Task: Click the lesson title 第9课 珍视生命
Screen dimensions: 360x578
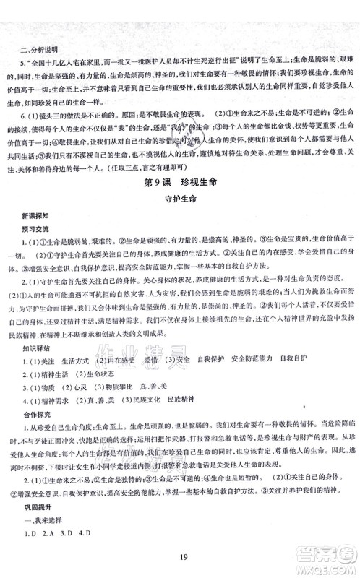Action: (x=180, y=179)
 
